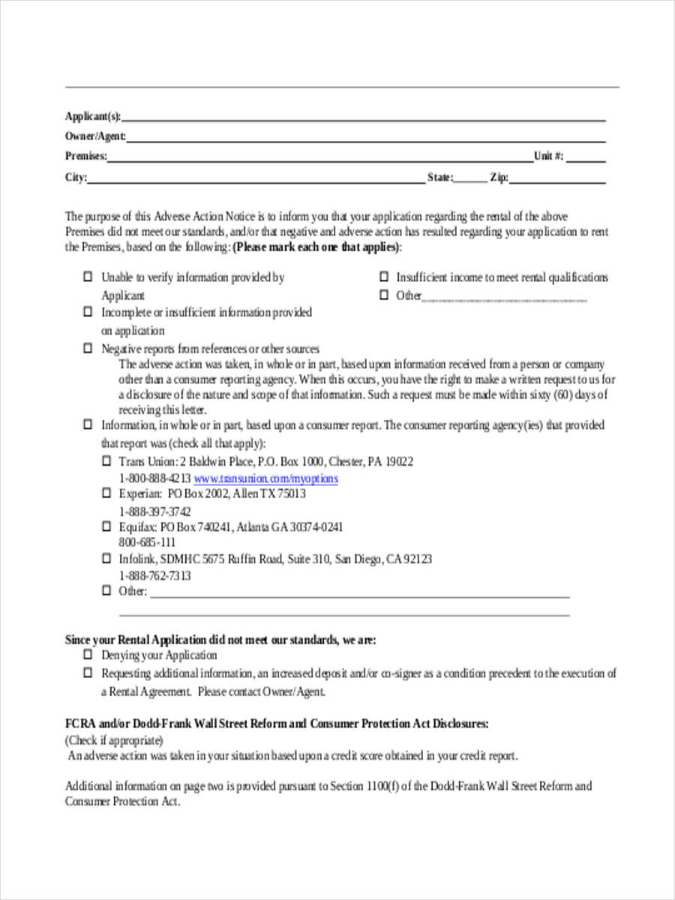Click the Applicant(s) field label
[93, 116]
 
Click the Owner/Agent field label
[95, 136]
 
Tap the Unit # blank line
[590, 157]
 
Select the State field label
[439, 178]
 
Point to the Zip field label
[499, 178]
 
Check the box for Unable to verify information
[87, 277]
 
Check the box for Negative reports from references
[87, 349]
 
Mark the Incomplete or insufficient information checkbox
[87, 312]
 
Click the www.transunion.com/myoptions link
[265, 478]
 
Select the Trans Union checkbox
[106, 461]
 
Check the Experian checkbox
[106, 493]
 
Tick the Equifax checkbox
[106, 526]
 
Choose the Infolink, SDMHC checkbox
[106, 559]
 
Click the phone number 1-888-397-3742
[154, 511]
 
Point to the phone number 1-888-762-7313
[154, 576]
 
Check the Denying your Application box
[87, 655]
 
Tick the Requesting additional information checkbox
[87, 673]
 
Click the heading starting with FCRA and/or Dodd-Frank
[277, 724]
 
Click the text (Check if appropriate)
[113, 740]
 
